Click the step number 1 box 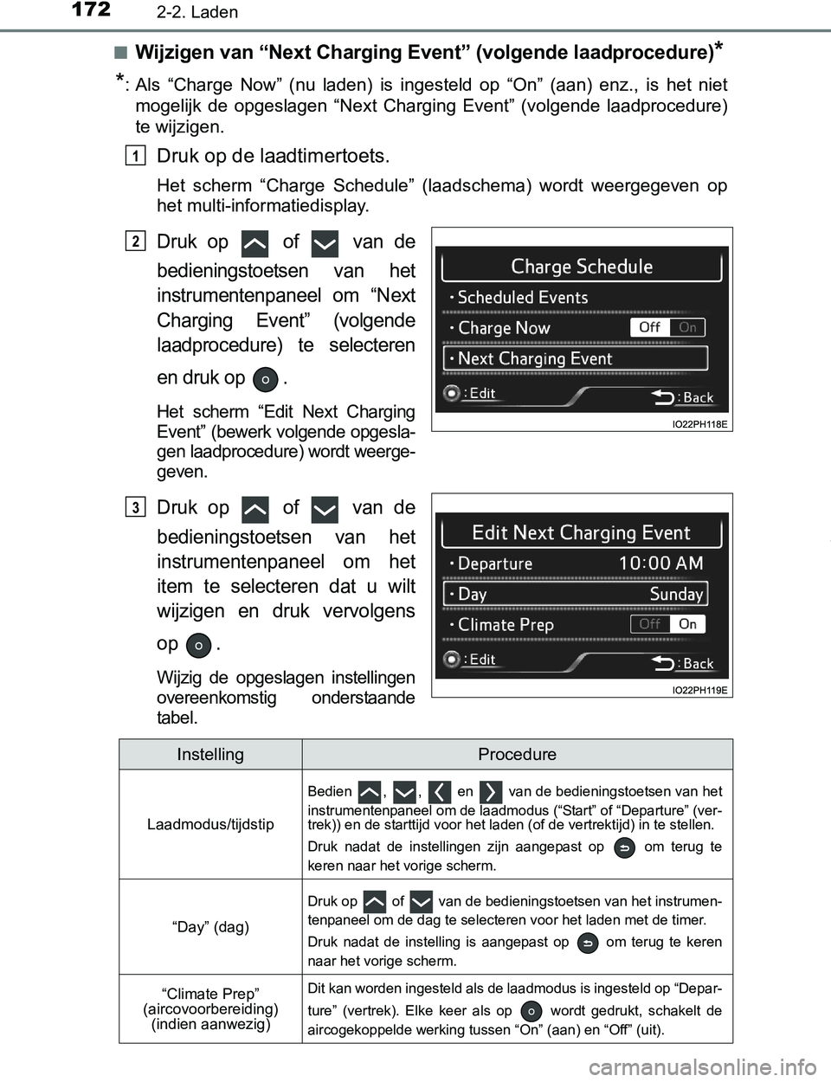[x=135, y=155]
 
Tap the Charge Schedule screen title [x=582, y=267]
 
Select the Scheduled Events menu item [x=522, y=297]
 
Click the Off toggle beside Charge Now [x=650, y=327]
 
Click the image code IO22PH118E [x=699, y=424]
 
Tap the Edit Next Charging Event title [x=582, y=532]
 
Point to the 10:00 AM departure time [x=660, y=564]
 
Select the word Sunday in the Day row [x=676, y=594]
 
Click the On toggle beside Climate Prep [x=688, y=624]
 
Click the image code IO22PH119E [x=699, y=690]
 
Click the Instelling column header [x=210, y=755]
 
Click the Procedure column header [x=517, y=755]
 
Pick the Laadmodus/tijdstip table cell [x=210, y=824]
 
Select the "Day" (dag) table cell [x=210, y=927]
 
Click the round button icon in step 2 [x=267, y=379]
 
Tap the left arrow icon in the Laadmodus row [x=440, y=791]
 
